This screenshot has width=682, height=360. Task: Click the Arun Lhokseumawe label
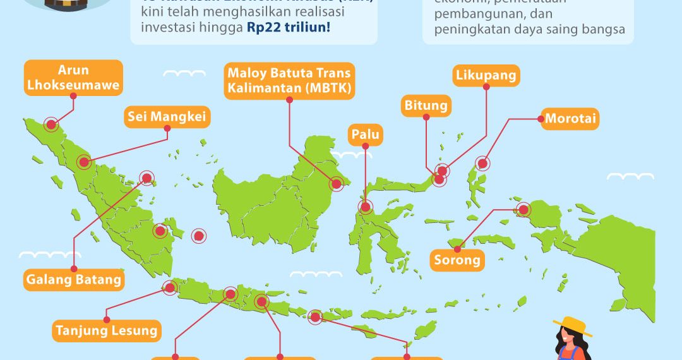[73, 78]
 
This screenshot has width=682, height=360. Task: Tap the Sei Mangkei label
[167, 116]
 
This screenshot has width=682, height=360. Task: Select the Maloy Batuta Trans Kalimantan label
[289, 80]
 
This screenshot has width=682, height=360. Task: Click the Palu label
[366, 135]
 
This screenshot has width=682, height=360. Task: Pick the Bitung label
[426, 105]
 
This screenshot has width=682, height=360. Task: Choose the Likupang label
[486, 76]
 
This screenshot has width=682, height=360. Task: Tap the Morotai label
[571, 119]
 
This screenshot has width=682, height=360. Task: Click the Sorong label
[458, 259]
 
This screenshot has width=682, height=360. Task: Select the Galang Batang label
[74, 279]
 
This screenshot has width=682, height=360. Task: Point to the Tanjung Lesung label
[107, 330]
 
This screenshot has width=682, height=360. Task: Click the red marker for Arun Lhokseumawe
[51, 124]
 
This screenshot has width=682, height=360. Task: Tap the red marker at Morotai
[482, 164]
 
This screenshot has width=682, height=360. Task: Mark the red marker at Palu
[365, 207]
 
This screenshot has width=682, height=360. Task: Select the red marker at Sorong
[523, 210]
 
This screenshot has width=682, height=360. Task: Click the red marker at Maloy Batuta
[337, 184]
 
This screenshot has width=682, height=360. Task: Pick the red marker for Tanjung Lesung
[169, 288]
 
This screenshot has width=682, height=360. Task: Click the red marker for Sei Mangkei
[83, 162]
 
